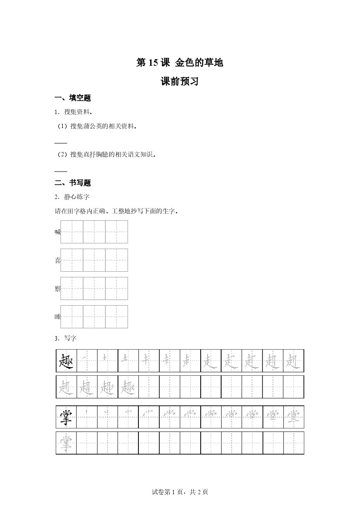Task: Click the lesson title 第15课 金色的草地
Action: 180,63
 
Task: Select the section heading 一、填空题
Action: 72,98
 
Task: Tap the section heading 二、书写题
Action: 72,183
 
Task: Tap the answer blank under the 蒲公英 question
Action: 61,143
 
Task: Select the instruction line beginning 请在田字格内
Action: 116,211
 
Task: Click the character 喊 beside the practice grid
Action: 57,232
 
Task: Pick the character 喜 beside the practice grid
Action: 57,260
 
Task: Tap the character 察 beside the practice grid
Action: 57,289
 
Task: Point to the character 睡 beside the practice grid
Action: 57,317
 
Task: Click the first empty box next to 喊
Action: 72,232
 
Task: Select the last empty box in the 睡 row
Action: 117,317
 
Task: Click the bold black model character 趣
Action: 67,361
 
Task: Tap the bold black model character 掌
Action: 67,417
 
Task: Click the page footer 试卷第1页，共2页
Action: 180,492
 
